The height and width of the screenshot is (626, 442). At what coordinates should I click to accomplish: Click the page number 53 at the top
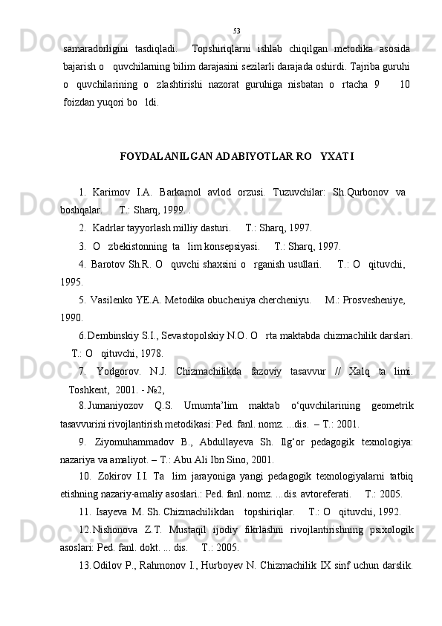(x=236, y=30)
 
